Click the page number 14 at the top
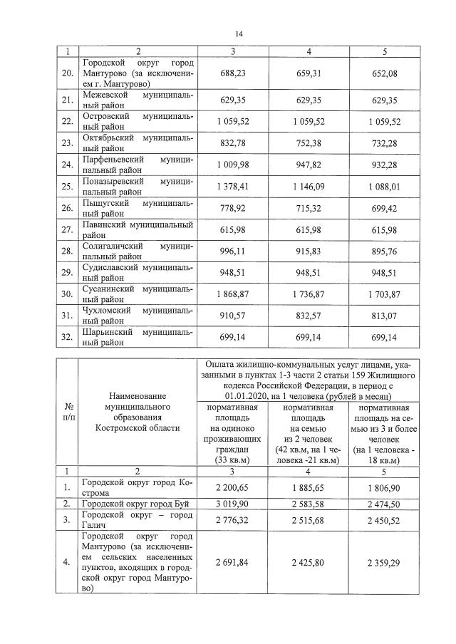[x=239, y=33]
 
